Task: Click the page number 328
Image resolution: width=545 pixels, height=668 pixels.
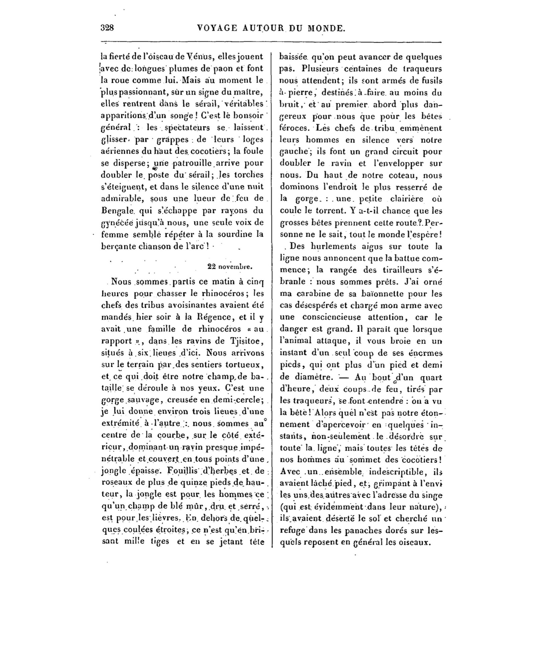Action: tap(108, 28)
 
